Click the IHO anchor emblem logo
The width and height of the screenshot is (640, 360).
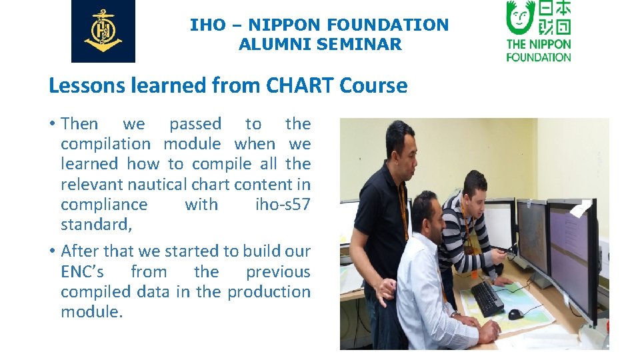[x=103, y=31]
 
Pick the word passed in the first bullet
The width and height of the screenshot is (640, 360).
[x=195, y=124]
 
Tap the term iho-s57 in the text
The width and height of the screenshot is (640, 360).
[x=283, y=205]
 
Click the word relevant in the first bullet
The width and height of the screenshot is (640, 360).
[x=92, y=185]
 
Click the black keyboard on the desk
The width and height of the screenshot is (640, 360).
[x=487, y=298]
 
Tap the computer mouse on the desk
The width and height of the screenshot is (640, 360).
[x=516, y=314]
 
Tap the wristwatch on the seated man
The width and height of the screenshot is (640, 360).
[x=456, y=314]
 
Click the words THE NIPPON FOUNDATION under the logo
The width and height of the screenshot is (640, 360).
[x=539, y=51]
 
